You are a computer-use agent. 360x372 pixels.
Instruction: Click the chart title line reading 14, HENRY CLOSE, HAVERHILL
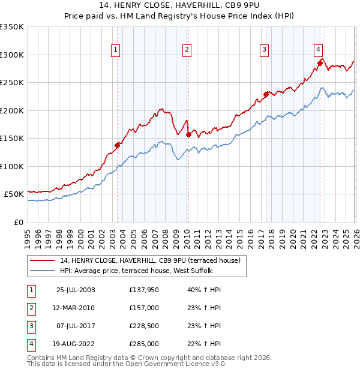tap(180, 5)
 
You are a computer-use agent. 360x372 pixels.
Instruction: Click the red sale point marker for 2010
tap(188, 134)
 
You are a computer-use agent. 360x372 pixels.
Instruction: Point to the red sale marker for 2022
tap(320, 63)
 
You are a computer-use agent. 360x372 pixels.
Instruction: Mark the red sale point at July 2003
tap(118, 145)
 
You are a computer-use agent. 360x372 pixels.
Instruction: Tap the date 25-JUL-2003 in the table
tap(75, 290)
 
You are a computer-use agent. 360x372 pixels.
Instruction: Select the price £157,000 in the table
tap(143, 308)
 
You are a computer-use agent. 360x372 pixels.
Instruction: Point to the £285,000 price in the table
tap(143, 344)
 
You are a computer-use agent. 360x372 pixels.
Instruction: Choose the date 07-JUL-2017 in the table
tap(75, 326)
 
